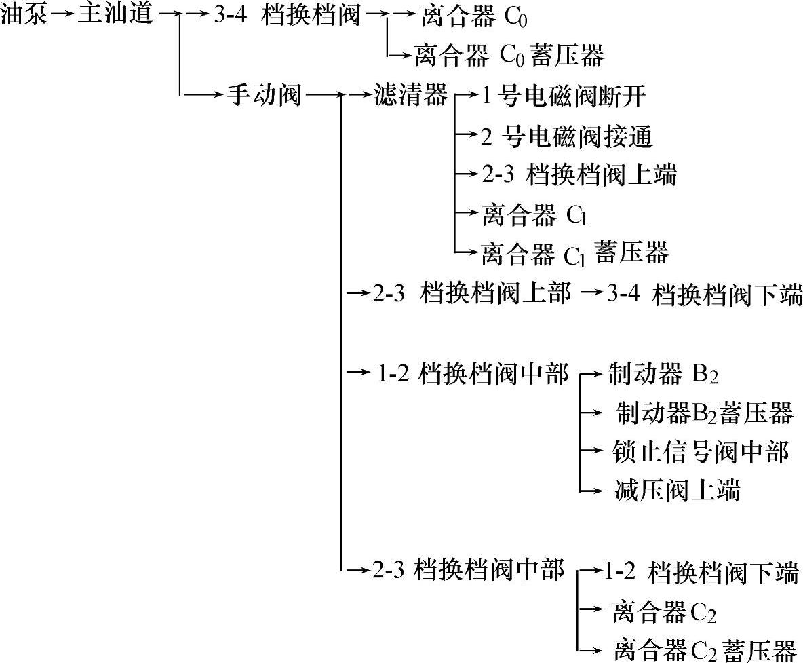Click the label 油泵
click(24, 16)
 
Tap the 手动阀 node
click(263, 97)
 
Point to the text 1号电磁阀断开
click(563, 97)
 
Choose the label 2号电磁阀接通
click(566, 137)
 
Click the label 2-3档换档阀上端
click(579, 176)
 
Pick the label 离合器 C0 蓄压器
click(509, 55)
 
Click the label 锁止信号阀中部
click(700, 451)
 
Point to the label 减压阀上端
click(675, 490)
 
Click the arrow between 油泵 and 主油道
click(62, 16)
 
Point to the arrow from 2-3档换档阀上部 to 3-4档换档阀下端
click(591, 293)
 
